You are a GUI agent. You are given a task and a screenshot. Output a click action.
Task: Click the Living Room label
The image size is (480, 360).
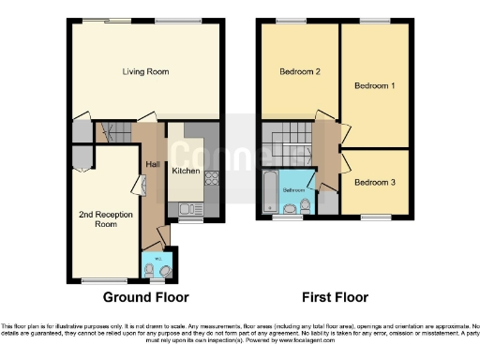tap(144, 71)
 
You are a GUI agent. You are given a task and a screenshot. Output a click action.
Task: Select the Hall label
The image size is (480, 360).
tap(151, 165)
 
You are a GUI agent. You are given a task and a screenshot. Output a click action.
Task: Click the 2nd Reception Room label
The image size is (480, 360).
tap(97, 218)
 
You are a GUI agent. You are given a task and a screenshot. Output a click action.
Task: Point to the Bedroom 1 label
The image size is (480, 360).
tap(374, 86)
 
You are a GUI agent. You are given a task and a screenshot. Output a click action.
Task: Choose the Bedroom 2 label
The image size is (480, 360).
tap(300, 71)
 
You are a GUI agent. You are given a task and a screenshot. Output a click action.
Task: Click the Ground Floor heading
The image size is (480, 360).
tap(145, 298)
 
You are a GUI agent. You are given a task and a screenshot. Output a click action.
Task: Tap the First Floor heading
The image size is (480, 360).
tap(334, 298)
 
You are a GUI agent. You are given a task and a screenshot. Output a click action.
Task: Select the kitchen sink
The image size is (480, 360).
tap(187, 210)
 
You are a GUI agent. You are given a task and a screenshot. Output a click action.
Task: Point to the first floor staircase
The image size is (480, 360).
tap(286, 144)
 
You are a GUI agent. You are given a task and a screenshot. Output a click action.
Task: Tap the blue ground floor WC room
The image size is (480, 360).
tap(157, 267)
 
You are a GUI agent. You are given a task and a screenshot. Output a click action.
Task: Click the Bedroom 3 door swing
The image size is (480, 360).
tap(347, 166)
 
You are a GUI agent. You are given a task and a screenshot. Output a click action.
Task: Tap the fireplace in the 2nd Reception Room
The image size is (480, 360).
tap(143, 188)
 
